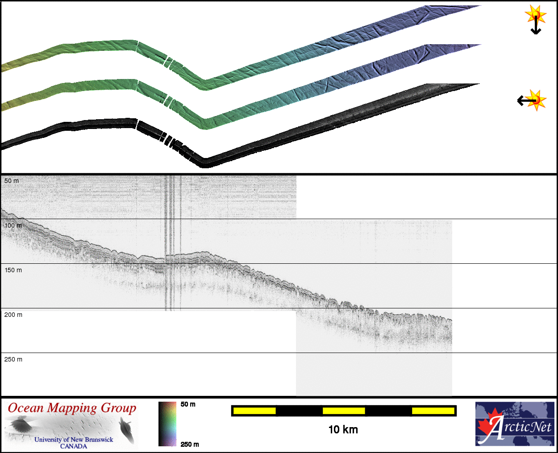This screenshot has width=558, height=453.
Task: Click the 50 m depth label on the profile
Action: click(12, 181)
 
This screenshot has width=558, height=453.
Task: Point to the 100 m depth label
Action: click(13, 225)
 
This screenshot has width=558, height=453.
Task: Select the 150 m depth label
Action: click(13, 270)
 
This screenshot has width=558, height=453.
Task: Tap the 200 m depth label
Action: click(13, 315)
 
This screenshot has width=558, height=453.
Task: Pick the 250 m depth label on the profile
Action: click(13, 359)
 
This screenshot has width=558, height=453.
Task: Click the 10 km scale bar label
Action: click(343, 430)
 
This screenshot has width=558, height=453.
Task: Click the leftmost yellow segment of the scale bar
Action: click(254, 411)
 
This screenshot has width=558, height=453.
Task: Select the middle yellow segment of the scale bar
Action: click(344, 411)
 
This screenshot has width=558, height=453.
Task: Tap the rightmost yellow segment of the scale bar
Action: click(433, 411)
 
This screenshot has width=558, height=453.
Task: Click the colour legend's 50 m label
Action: click(188, 404)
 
